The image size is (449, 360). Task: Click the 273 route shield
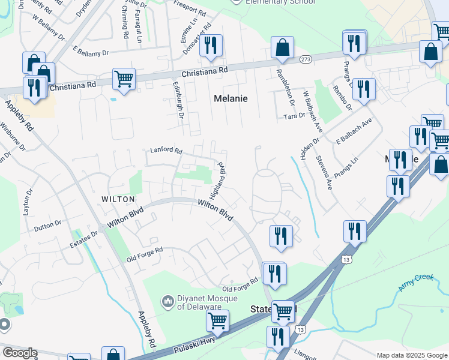[306, 59]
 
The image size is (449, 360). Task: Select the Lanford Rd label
[166, 151]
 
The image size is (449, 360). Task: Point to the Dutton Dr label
[48, 226]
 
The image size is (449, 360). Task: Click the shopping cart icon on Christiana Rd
[124, 79]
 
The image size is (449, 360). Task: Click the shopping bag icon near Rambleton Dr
[282, 47]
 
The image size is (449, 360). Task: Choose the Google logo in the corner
[20, 353]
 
